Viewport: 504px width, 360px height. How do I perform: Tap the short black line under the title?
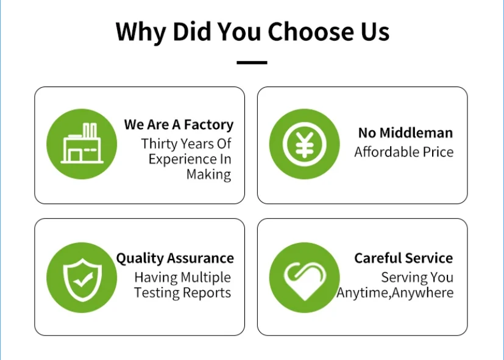click(x=252, y=63)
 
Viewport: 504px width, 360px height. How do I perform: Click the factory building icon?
click(x=81, y=144)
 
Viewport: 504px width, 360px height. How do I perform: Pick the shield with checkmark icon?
click(x=81, y=277)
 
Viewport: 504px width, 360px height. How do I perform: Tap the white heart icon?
click(x=304, y=278)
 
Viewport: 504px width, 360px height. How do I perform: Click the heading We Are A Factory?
click(x=179, y=125)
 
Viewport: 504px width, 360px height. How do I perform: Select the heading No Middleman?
click(x=405, y=133)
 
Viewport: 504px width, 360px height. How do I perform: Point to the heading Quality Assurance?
click(x=175, y=258)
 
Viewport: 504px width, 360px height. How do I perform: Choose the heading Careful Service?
click(x=403, y=258)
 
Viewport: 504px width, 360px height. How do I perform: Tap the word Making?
click(x=208, y=175)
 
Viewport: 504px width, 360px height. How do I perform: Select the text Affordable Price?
click(x=404, y=152)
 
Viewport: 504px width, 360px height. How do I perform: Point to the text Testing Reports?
click(x=182, y=293)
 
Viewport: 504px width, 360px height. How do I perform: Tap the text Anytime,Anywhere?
click(x=395, y=293)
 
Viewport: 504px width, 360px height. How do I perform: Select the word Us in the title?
click(x=374, y=31)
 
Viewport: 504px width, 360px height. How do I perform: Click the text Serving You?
click(x=417, y=278)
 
